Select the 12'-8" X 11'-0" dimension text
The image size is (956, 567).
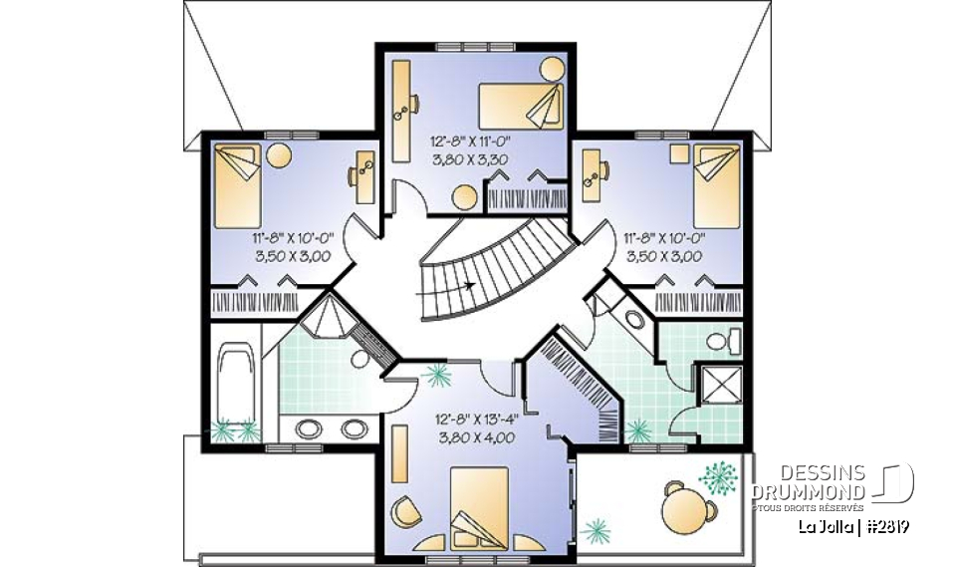475,141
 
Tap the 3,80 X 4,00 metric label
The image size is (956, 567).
475,437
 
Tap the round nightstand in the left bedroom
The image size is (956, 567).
279,155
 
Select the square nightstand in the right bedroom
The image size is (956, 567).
679,153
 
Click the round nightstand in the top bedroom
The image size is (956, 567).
551,70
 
